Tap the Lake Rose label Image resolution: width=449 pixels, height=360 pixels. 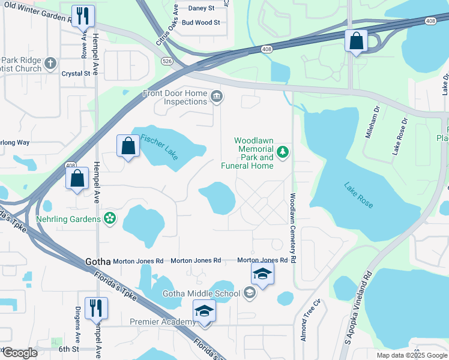tap(359, 195)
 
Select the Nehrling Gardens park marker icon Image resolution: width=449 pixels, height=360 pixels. tap(110, 219)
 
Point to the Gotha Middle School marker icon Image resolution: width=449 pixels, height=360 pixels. tap(250, 293)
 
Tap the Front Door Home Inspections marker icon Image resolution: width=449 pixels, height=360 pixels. tap(216, 95)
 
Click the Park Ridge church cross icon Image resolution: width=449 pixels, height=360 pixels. tap(50, 62)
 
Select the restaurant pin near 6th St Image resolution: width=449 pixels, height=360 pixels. tap(96, 308)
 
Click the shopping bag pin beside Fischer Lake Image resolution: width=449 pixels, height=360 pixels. tap(129, 146)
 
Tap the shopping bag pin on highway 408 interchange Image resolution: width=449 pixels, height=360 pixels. tap(356, 41)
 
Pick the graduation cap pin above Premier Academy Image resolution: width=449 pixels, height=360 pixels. tap(204, 312)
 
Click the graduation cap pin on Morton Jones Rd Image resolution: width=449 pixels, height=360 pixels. tap(262, 274)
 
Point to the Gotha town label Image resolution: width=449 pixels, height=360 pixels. tap(98, 262)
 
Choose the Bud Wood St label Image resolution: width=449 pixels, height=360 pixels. tap(201, 22)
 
